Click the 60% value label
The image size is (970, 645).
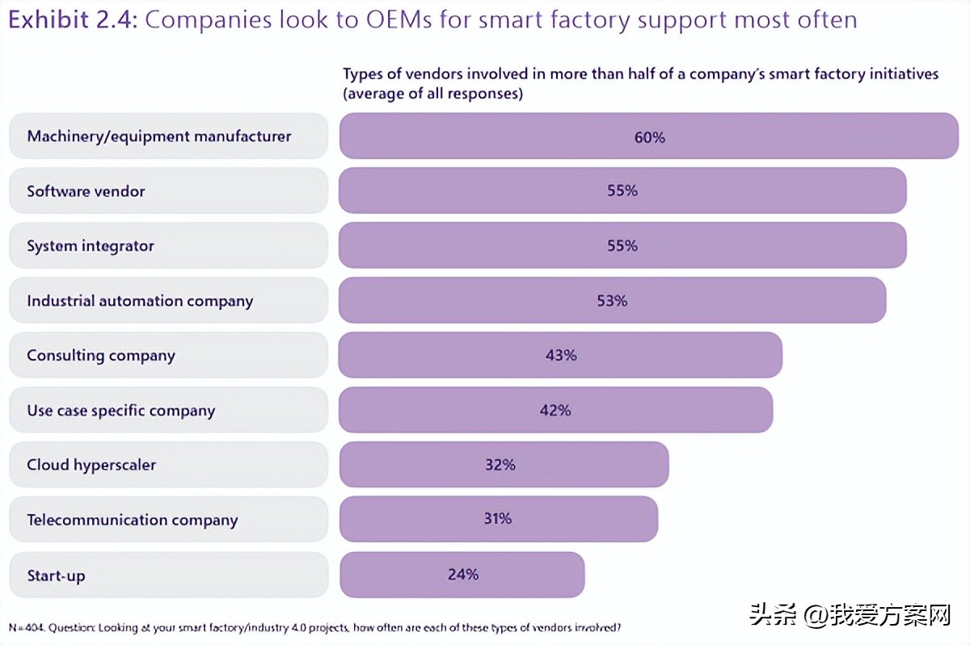pyautogui.click(x=649, y=137)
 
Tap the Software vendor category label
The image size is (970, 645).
pyautogui.click(x=86, y=192)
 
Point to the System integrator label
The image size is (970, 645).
pyautogui.click(x=90, y=247)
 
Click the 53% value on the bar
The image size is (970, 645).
pyautogui.click(x=612, y=301)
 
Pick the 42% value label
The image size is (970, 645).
pyautogui.click(x=555, y=411)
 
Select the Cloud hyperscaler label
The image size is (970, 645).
pyautogui.click(x=91, y=466)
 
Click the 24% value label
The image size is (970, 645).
pyautogui.click(x=463, y=575)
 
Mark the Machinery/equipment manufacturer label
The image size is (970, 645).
pyautogui.click(x=158, y=137)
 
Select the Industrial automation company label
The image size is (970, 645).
pyautogui.click(x=140, y=301)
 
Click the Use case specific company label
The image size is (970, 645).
pyautogui.click(x=120, y=411)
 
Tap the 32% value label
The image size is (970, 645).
pyautogui.click(x=500, y=465)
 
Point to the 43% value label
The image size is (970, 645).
pyautogui.click(x=561, y=355)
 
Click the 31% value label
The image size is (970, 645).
pyautogui.click(x=498, y=519)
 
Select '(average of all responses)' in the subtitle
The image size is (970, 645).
pyautogui.click(x=432, y=93)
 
